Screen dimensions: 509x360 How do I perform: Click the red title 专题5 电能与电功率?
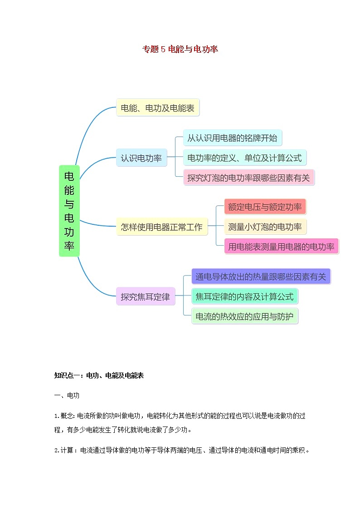180,49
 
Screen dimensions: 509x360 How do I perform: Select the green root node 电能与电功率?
69,211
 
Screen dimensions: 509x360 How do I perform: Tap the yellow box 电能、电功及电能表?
157,108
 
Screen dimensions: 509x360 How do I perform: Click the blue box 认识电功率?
141,158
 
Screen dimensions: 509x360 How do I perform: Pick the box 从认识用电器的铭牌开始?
232,138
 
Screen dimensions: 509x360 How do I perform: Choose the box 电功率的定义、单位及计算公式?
244,158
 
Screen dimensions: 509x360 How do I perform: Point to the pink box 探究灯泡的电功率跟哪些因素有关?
248,178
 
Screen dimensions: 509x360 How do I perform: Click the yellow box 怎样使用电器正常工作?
161,226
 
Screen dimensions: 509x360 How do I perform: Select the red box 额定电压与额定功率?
265,207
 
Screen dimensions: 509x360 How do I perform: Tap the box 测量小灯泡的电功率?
265,227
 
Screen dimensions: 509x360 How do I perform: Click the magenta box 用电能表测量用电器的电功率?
281,247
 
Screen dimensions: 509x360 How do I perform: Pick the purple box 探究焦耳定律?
145,297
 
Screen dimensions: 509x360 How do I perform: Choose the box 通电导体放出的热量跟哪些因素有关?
261,276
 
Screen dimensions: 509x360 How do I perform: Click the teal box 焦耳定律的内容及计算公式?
244,297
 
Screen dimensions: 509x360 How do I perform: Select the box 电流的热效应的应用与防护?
244,316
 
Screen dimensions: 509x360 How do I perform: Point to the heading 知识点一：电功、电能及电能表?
99,375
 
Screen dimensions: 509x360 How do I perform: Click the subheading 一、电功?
67,396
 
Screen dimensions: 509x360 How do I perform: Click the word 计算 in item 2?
68,451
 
